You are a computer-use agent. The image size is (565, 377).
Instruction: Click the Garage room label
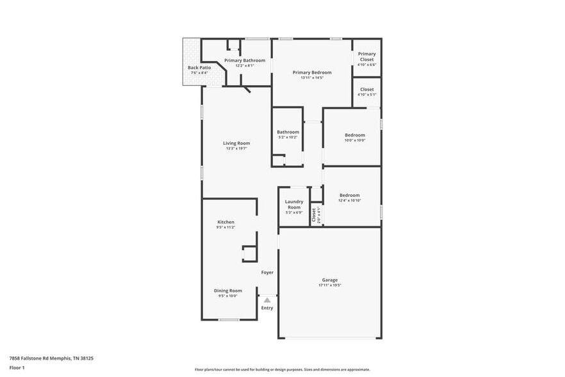[329, 280]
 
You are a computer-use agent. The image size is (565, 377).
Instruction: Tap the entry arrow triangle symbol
[267, 299]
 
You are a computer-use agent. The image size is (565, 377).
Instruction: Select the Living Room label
[236, 143]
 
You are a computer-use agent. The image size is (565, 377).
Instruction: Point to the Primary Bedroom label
[312, 72]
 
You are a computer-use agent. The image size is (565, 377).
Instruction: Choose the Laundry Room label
[294, 205]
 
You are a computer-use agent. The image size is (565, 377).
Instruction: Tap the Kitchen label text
[225, 222]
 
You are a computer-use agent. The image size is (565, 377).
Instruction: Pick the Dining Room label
[227, 290]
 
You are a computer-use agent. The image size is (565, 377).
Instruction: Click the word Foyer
[267, 272]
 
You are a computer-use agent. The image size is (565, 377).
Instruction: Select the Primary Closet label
[366, 56]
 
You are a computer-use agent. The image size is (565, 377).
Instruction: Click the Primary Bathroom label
[244, 60]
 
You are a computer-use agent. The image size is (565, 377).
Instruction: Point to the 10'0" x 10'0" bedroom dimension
[355, 140]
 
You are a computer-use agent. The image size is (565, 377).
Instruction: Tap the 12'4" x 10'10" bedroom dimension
[350, 201]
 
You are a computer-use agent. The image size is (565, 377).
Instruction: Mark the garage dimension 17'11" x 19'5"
[329, 285]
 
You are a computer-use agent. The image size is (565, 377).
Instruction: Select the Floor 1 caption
[17, 367]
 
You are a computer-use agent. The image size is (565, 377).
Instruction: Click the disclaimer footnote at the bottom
[282, 369]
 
